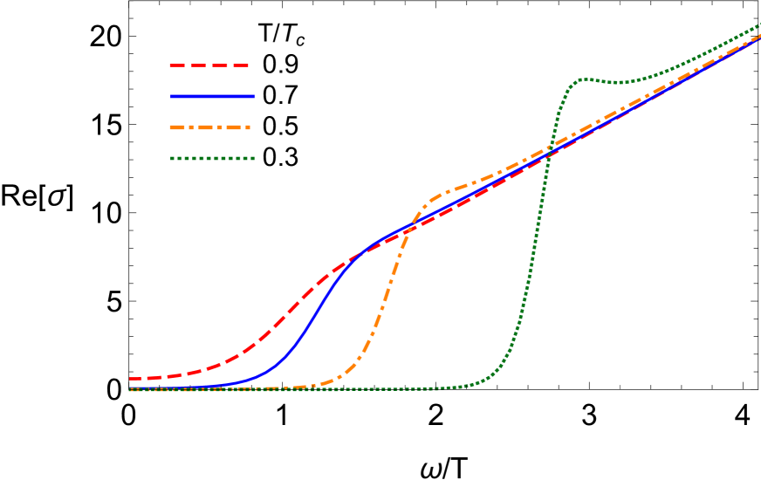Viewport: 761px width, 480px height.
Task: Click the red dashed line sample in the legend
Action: point(209,65)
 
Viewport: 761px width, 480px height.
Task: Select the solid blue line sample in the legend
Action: point(213,96)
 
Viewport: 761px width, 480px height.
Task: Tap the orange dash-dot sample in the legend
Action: point(210,127)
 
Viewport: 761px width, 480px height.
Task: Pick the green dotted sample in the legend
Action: point(212,158)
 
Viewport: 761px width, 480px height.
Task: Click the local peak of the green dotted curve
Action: point(583,79)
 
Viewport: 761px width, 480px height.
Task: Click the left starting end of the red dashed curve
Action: point(131,379)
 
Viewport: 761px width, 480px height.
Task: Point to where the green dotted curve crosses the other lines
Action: point(550,150)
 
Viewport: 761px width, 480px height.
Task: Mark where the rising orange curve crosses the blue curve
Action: point(411,229)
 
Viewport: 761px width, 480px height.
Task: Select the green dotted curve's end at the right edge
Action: point(759,24)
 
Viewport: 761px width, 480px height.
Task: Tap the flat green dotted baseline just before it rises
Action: point(436,388)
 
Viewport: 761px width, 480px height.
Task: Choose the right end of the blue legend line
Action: point(255,96)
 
